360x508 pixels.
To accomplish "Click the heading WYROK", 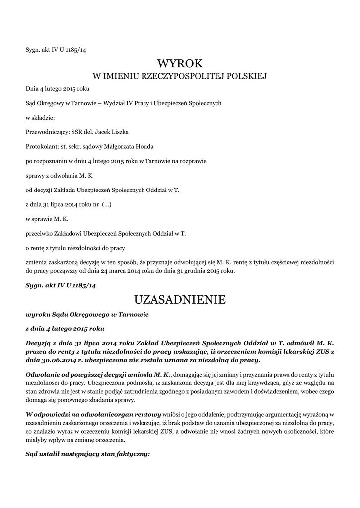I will (180, 63).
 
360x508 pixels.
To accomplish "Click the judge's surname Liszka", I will (123, 132).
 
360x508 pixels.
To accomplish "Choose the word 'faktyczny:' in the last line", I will (133, 454).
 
